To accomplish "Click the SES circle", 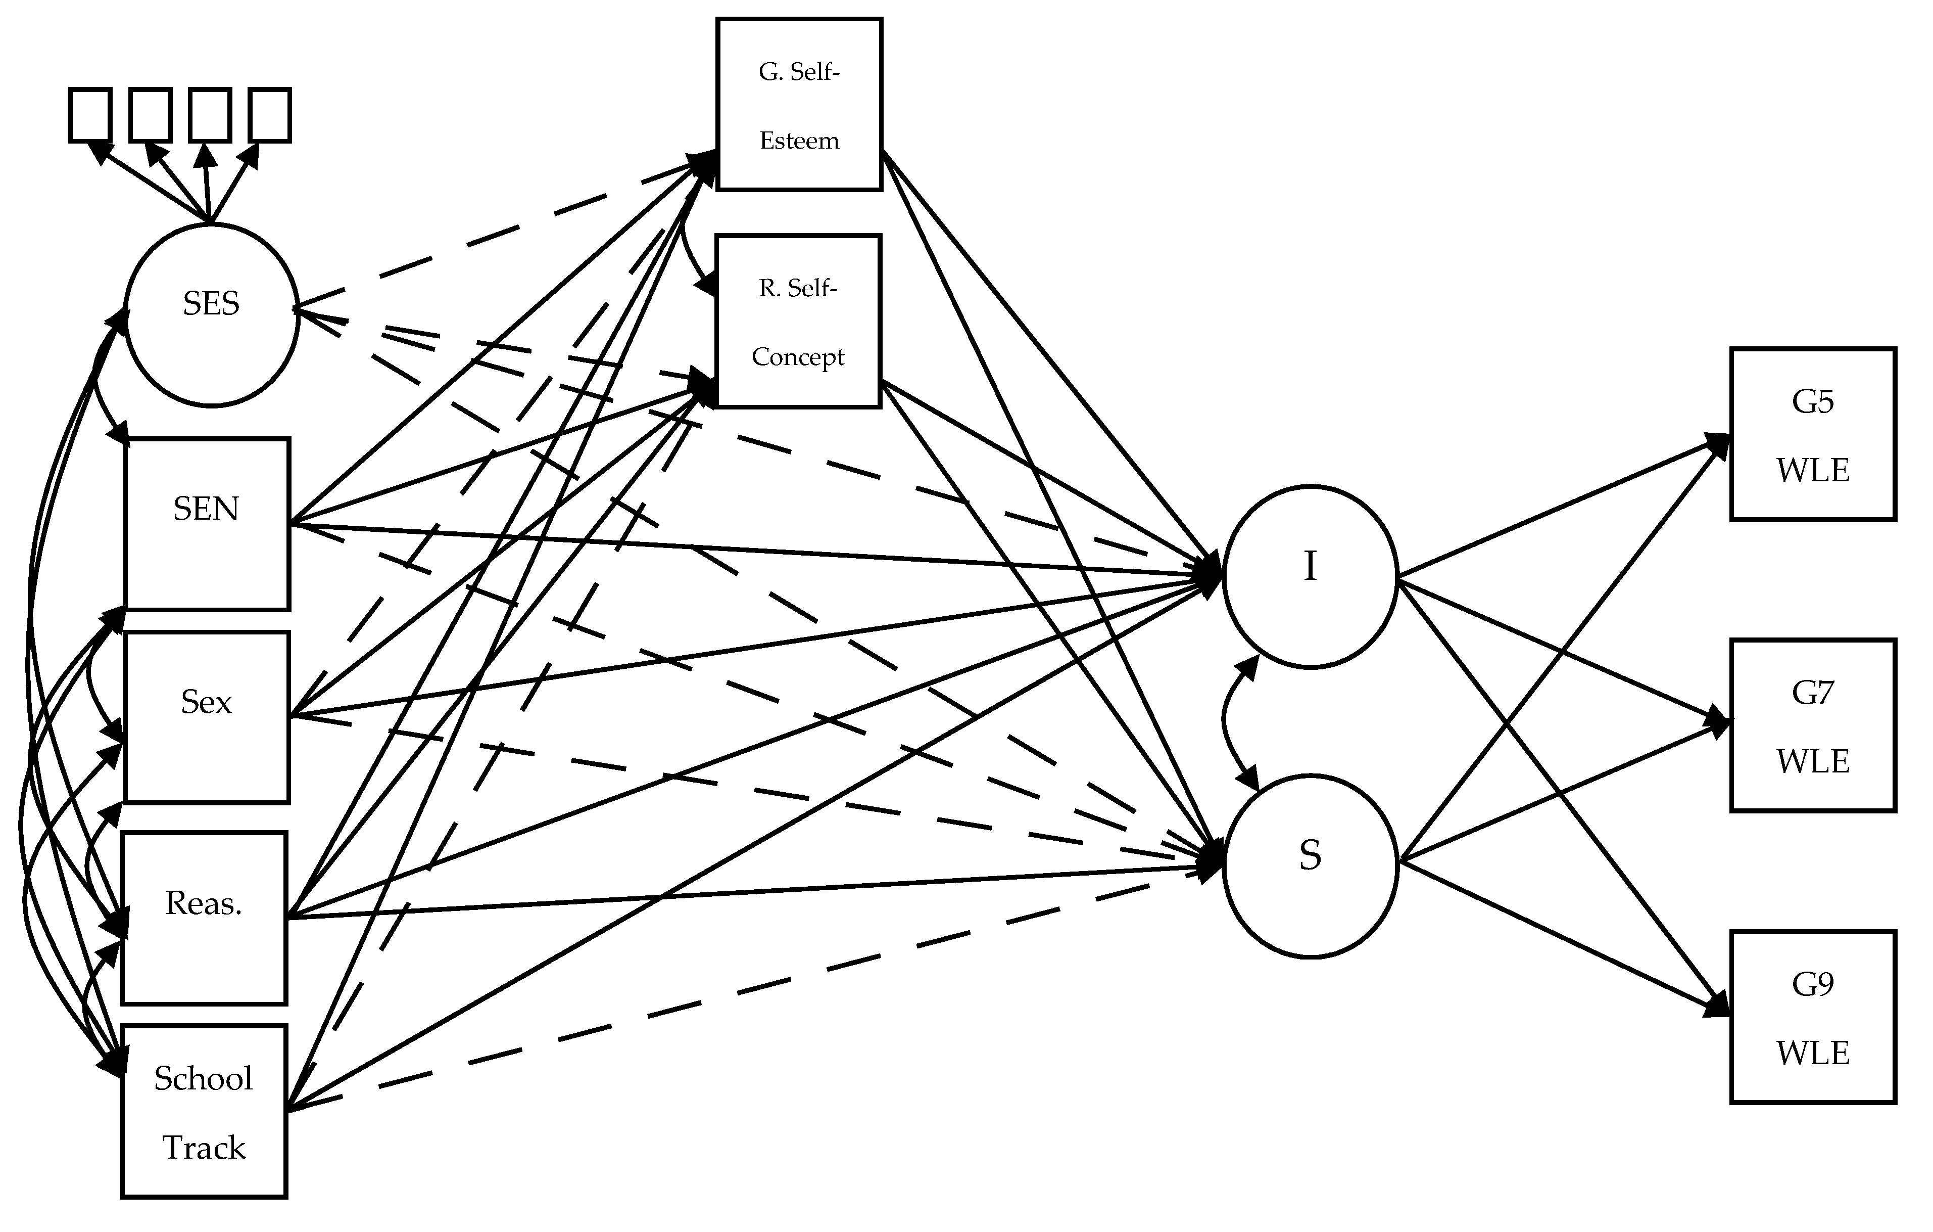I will pos(211,315).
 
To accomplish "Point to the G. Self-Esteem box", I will pos(799,105).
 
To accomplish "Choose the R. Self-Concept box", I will pos(798,321).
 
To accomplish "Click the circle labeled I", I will pos(1310,576).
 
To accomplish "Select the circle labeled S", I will pos(1310,866).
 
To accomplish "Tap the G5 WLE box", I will pos(1813,434).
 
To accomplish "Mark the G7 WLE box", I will pos(1813,725).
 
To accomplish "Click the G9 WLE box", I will pos(1813,1017).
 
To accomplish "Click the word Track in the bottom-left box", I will pos(204,1148).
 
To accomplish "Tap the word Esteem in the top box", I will pos(799,141).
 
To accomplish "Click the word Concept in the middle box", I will pos(798,356).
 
